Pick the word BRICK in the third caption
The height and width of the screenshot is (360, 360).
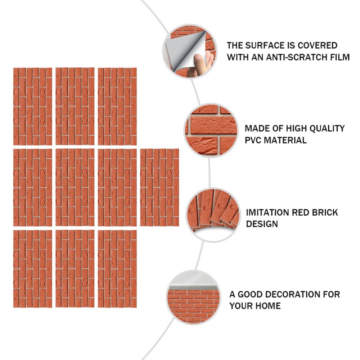[x=325, y=213]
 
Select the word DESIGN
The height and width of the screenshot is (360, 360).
[x=262, y=224]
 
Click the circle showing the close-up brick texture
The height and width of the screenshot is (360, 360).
[x=211, y=130]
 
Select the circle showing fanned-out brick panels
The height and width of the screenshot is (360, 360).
[x=213, y=215]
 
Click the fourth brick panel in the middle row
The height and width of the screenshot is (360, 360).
[x=159, y=187]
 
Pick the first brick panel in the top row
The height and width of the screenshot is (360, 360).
[x=33, y=106]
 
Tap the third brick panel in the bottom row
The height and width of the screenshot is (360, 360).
[x=117, y=269]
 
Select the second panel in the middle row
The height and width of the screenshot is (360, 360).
[x=75, y=187]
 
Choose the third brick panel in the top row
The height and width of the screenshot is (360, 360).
[x=117, y=106]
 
